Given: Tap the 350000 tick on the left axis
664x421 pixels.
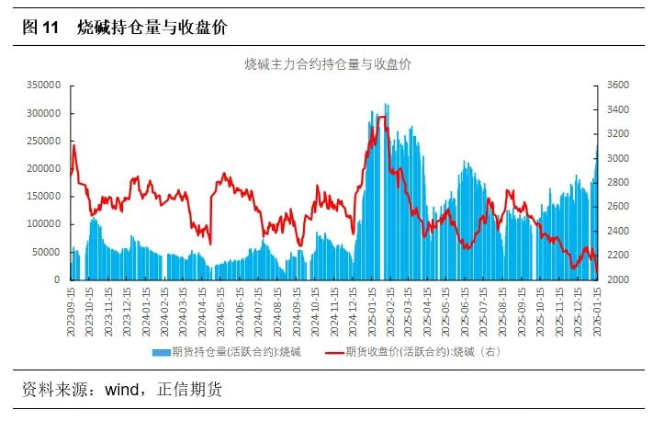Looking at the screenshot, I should tap(40, 85).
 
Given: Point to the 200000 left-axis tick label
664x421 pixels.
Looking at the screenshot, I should tap(40, 168).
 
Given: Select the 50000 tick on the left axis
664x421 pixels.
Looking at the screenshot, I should tap(43, 252).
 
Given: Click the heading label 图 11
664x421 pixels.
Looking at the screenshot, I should tap(39, 28).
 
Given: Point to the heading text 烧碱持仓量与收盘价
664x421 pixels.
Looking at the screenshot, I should tap(152, 28).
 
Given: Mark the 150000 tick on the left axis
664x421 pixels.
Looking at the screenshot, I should tap(40, 196).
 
